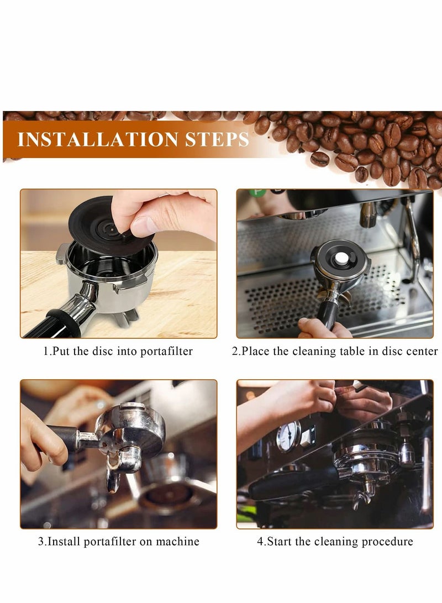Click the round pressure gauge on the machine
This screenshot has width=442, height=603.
pyautogui.click(x=288, y=436)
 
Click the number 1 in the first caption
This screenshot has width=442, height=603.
pyautogui.click(x=46, y=352)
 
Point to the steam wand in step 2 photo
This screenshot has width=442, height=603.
pyautogui.click(x=412, y=238)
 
